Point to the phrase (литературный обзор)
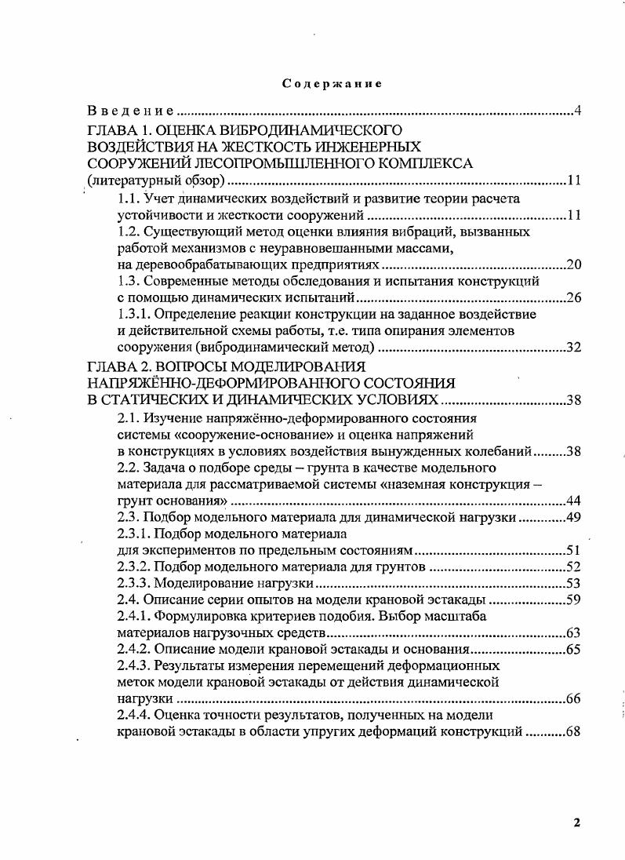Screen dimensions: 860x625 pyautogui.click(x=156, y=182)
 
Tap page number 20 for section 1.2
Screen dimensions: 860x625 pyautogui.click(x=572, y=265)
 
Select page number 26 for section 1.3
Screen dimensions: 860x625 pyautogui.click(x=572, y=298)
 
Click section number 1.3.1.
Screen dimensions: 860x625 pyautogui.click(x=134, y=315)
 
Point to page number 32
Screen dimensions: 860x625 pyautogui.click(x=572, y=348)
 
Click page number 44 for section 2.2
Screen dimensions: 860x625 pyautogui.click(x=572, y=501)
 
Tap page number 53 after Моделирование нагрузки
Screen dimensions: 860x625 pyautogui.click(x=572, y=583)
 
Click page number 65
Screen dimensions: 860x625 pyautogui.click(x=572, y=650)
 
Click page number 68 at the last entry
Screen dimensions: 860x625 pyautogui.click(x=572, y=732)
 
